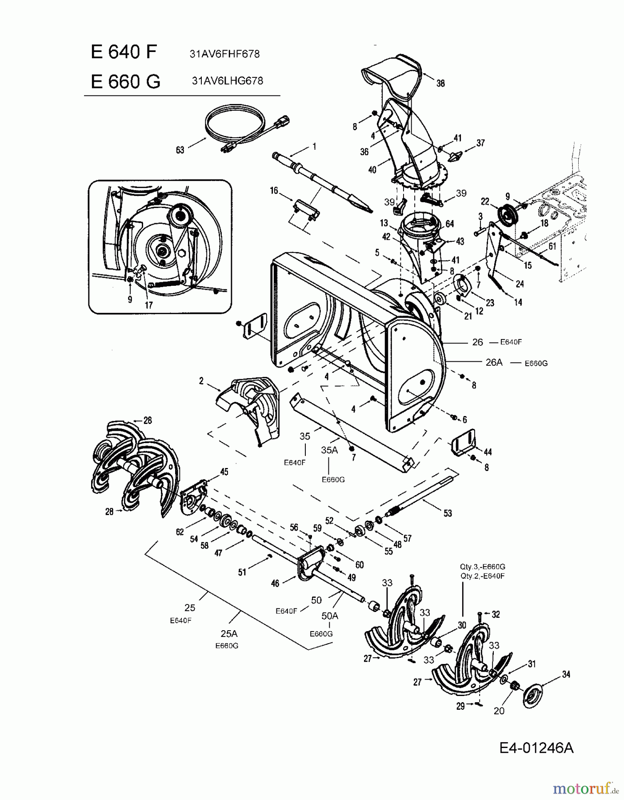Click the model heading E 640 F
[124, 52]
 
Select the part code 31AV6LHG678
[227, 81]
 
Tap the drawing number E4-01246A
[536, 748]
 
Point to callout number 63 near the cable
[180, 150]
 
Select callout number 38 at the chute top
[440, 83]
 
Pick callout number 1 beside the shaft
[314, 146]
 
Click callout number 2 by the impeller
[201, 381]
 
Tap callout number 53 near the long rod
[448, 513]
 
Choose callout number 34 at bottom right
[566, 674]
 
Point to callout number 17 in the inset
[148, 305]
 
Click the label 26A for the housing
[494, 362]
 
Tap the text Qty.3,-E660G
[483, 567]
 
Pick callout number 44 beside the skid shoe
[488, 452]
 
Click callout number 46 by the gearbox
[275, 583]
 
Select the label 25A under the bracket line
[228, 634]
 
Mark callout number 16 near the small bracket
[274, 191]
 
